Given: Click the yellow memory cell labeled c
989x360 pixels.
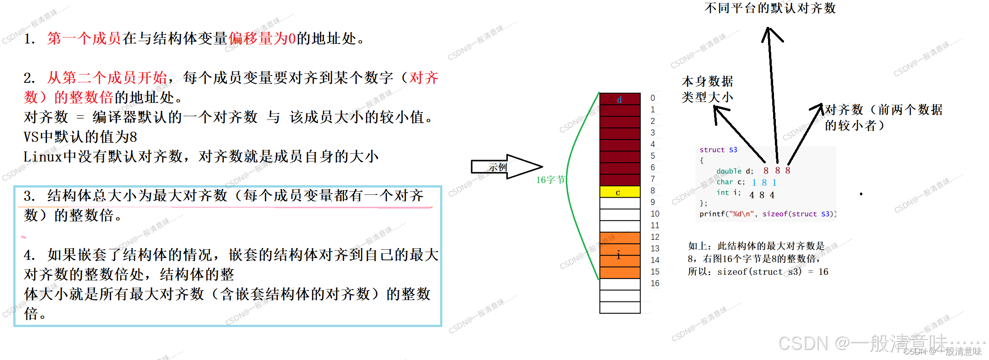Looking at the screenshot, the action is pyautogui.click(x=619, y=192).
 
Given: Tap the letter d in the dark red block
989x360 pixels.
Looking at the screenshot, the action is pyautogui.click(x=619, y=100).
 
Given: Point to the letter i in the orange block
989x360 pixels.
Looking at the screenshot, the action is pyautogui.click(x=618, y=255).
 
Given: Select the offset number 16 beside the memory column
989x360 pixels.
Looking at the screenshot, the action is pyautogui.click(x=655, y=283).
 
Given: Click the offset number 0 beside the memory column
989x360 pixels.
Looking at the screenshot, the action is pyautogui.click(x=653, y=98).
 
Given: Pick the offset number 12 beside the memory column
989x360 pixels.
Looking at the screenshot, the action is pyautogui.click(x=655, y=237).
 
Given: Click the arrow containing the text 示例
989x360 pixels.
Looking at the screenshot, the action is pyautogui.click(x=503, y=167).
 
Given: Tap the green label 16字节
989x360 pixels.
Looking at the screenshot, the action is pyautogui.click(x=550, y=180).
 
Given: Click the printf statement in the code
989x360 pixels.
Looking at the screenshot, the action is pyautogui.click(x=768, y=214).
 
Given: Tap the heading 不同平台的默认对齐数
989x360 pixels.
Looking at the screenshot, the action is pyautogui.click(x=770, y=8).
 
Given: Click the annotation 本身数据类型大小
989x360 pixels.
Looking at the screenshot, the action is pyautogui.click(x=707, y=89).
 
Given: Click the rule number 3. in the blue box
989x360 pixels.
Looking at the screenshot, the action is pyautogui.click(x=29, y=196).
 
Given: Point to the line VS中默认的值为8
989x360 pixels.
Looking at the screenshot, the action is pyautogui.click(x=81, y=137).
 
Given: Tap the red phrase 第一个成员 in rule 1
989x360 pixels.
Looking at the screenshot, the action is pyautogui.click(x=84, y=38).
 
